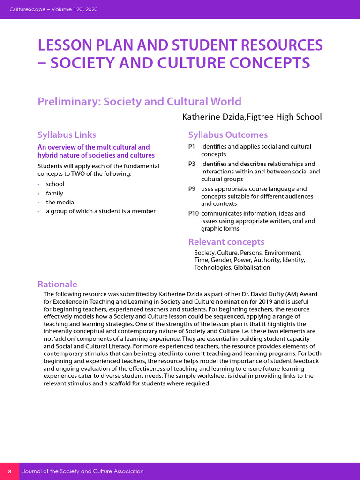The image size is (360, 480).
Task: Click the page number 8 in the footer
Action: [x=9, y=471]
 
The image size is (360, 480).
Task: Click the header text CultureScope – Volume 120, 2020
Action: [x=54, y=9]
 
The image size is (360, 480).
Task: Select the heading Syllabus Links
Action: [x=67, y=135]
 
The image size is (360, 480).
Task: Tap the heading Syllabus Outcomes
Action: [x=228, y=135]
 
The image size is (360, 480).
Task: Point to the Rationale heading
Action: [x=57, y=284]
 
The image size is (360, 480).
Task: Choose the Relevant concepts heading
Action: [x=226, y=242]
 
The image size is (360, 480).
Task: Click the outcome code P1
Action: [x=192, y=147]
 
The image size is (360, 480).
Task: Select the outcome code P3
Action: [x=192, y=164]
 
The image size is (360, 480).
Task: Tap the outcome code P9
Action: [x=192, y=189]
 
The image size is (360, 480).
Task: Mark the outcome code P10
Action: [x=194, y=213]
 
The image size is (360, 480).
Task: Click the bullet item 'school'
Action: [x=55, y=184]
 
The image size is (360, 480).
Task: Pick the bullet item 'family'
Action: [x=54, y=193]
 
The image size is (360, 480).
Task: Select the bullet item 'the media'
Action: [x=60, y=202]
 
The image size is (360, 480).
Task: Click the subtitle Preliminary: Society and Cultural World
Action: [x=139, y=102]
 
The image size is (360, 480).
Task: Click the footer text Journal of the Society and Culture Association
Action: [x=83, y=471]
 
